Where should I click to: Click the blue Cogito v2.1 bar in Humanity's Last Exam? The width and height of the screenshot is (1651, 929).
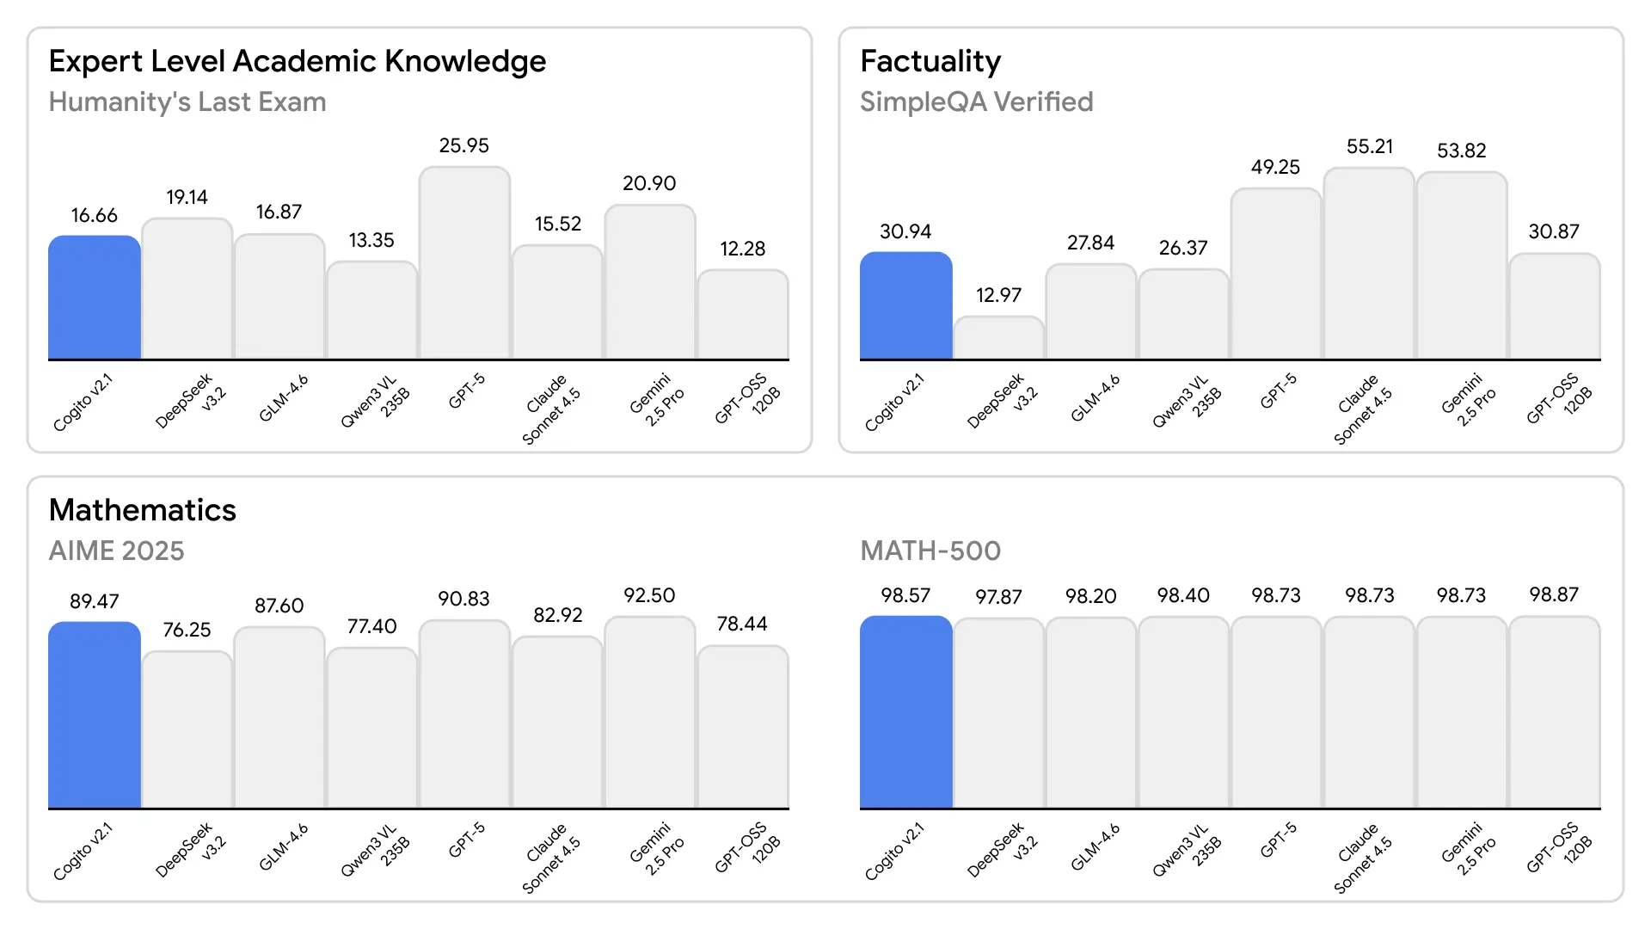95,298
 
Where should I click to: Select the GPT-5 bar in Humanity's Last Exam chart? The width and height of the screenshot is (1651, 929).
464,263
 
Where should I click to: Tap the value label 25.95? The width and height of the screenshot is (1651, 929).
464,145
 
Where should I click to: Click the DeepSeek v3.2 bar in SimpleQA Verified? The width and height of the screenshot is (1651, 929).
998,338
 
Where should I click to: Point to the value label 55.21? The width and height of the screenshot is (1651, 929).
1369,146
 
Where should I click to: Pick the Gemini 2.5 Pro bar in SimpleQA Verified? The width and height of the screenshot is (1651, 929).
1461,265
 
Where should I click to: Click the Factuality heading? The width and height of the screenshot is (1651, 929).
930,61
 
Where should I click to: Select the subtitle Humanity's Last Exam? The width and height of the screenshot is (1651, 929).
187,102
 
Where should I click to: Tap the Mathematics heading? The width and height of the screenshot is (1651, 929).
142,510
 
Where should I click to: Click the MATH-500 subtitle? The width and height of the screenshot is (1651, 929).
930,551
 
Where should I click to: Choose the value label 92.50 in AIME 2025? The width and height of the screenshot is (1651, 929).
649,595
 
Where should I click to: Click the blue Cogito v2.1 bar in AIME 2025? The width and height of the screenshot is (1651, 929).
95,715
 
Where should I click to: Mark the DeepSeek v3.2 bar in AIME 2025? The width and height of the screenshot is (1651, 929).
187,729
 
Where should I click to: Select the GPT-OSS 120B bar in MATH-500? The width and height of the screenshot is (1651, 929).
1554,712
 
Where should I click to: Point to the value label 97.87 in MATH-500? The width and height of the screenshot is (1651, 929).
998,596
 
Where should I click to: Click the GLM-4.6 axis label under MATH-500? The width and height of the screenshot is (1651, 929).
1096,848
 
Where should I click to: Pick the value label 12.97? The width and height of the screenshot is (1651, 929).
998,295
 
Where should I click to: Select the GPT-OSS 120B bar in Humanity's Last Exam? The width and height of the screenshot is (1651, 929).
742,314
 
